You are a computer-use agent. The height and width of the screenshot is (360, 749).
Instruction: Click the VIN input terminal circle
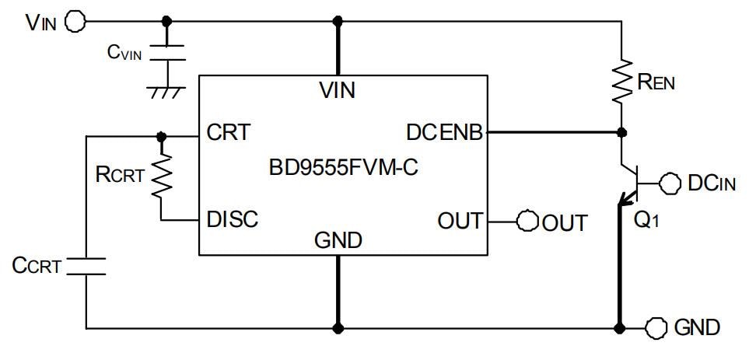75,22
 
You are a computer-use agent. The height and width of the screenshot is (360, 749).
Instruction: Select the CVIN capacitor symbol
166,53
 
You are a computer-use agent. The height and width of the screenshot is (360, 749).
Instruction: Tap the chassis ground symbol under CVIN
165,90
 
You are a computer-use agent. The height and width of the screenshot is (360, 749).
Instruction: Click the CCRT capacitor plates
86,266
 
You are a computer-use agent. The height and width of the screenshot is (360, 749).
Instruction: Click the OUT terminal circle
528,221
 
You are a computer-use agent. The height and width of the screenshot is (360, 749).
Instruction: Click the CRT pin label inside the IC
229,133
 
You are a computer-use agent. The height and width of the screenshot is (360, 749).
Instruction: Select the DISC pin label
233,221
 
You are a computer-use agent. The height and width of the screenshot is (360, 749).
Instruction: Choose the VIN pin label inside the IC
338,91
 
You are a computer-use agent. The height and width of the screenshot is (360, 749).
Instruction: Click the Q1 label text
647,220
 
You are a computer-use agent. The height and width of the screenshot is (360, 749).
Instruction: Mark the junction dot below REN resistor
621,133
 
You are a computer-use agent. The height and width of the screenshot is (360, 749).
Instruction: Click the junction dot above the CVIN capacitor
166,21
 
